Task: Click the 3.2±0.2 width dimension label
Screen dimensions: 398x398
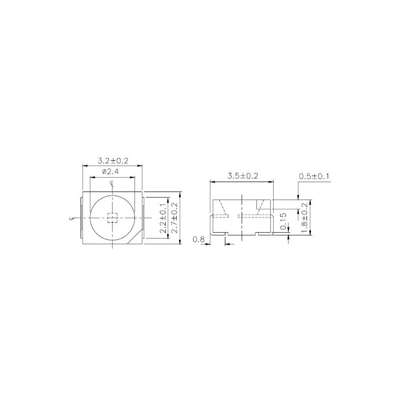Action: (x=113, y=160)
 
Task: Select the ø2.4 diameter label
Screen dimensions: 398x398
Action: (x=110, y=172)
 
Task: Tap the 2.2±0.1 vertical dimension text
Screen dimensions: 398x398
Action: (x=163, y=218)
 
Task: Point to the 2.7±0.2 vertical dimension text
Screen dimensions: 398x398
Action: (x=175, y=218)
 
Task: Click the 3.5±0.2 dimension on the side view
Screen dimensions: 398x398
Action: (x=243, y=176)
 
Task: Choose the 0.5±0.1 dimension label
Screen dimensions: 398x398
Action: (x=314, y=176)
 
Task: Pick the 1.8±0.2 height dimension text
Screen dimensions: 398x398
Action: (x=304, y=218)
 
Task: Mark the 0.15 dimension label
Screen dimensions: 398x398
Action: (x=284, y=221)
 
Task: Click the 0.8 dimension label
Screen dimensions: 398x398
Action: (x=199, y=239)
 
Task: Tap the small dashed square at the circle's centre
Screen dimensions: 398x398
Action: (x=112, y=218)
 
